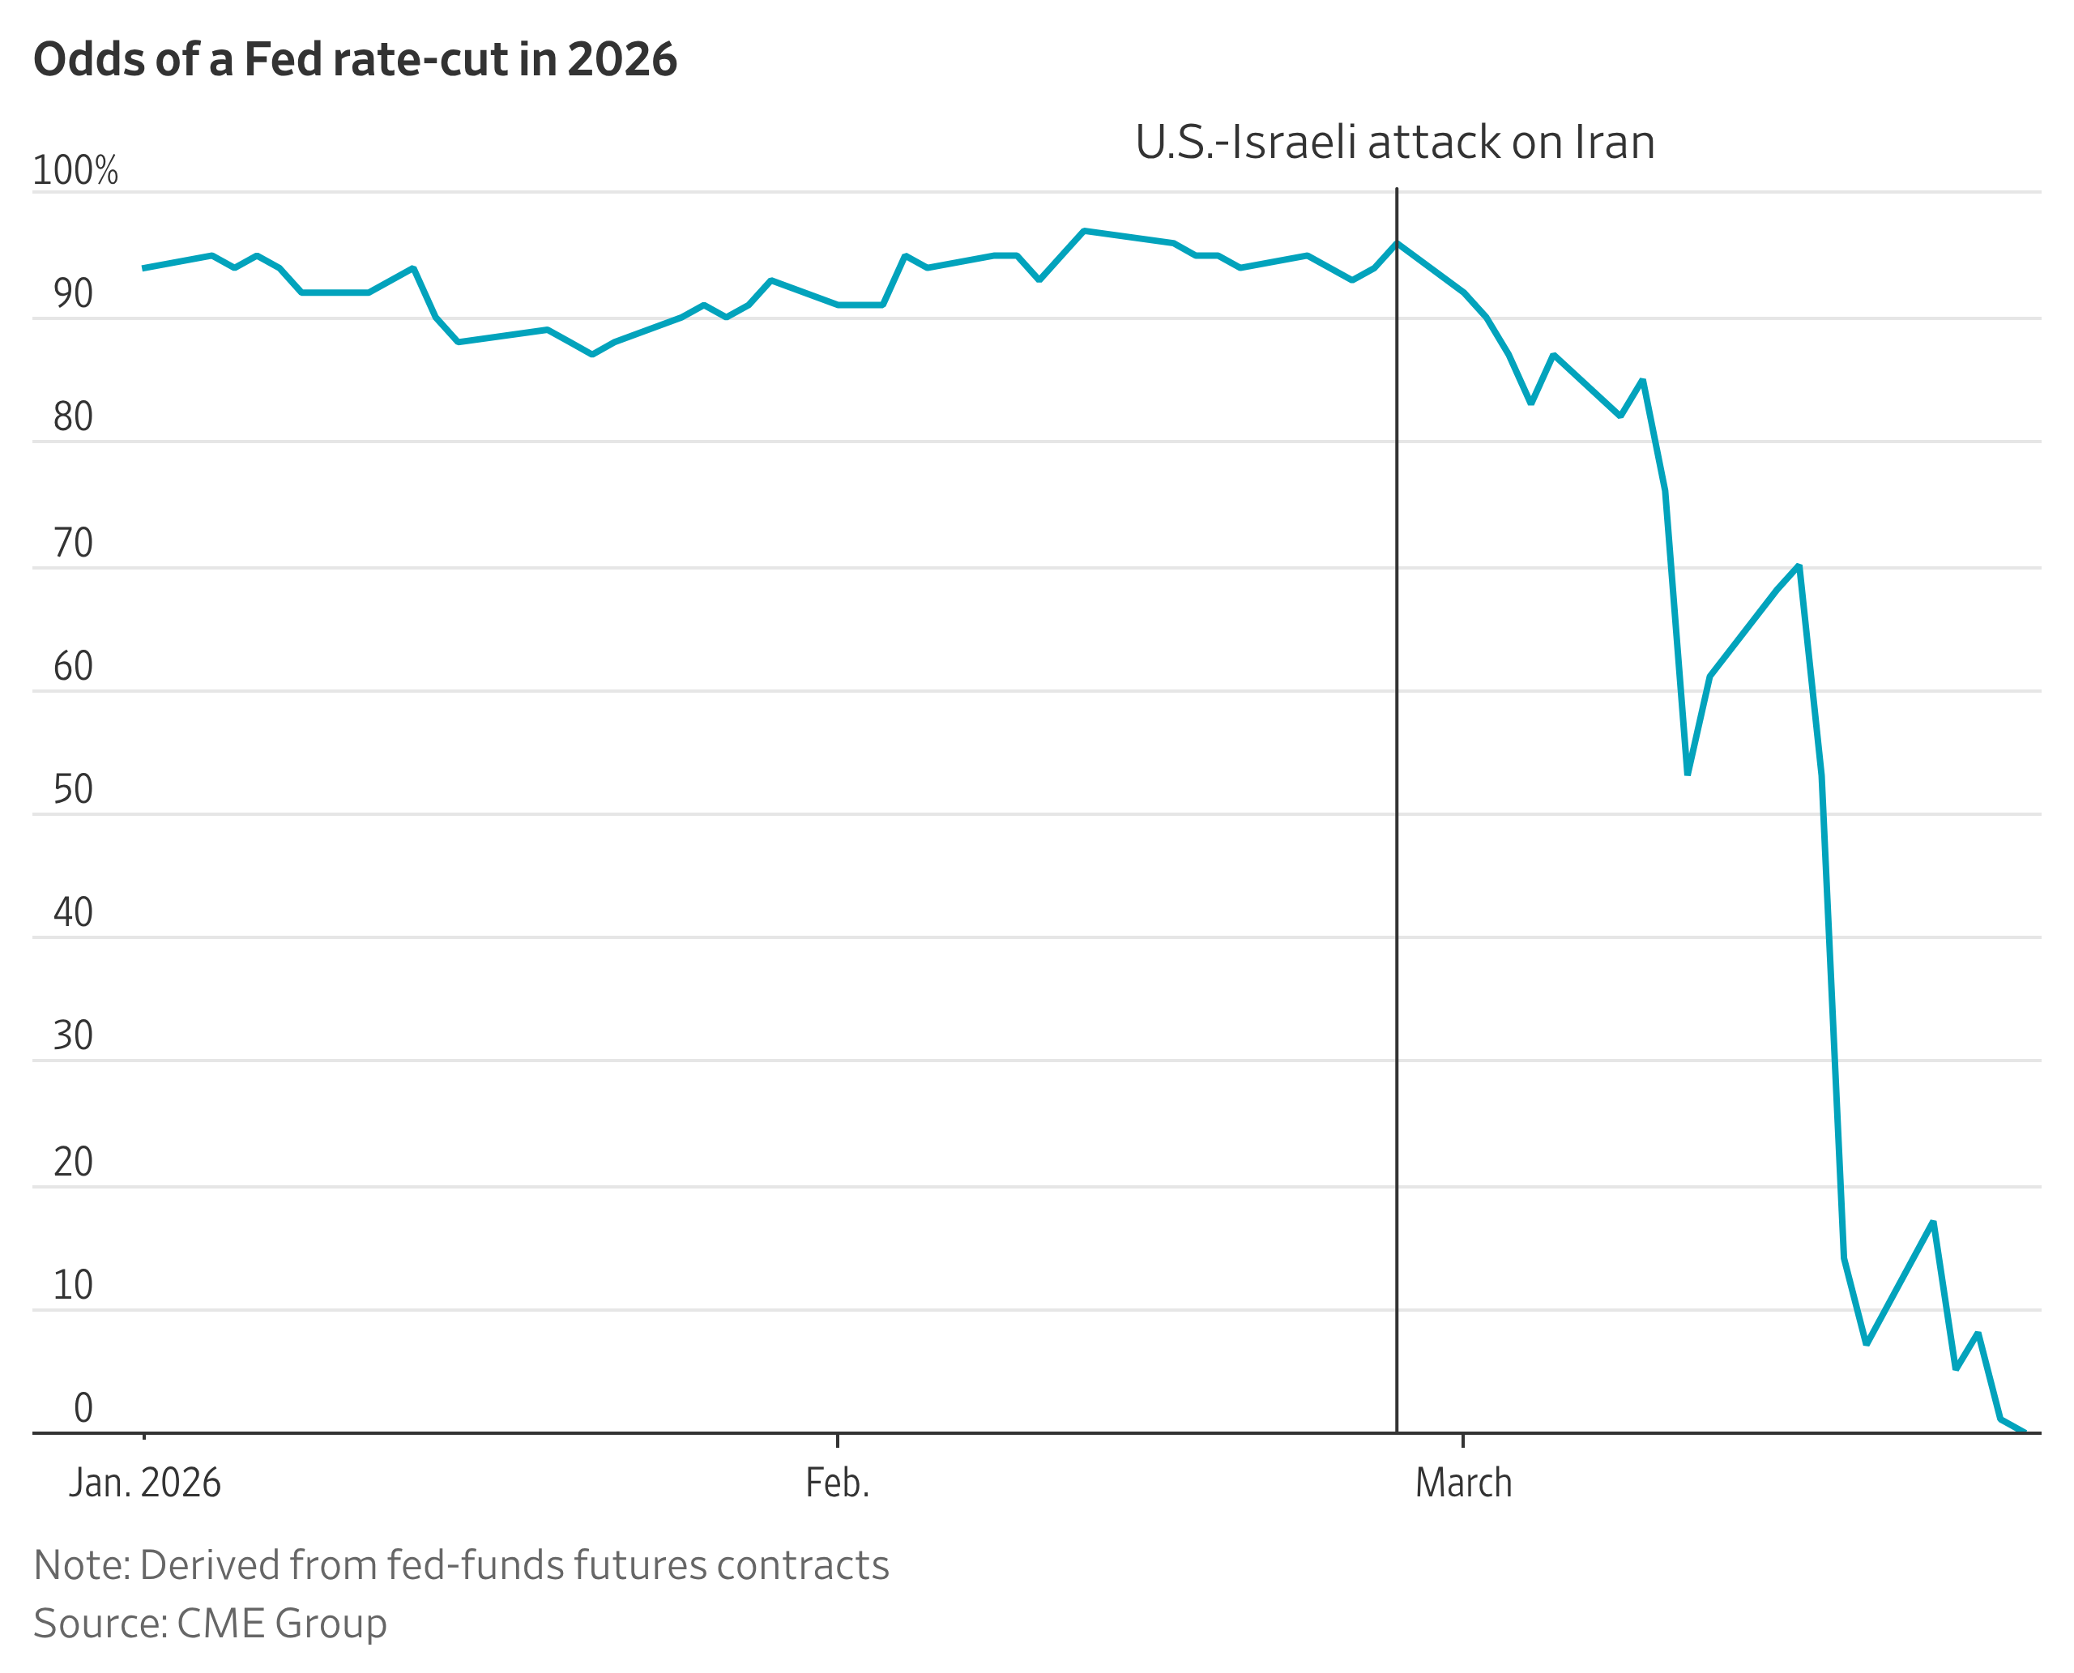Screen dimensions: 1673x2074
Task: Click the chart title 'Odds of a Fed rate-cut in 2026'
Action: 355,60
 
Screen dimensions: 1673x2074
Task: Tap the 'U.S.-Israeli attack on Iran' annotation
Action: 1393,143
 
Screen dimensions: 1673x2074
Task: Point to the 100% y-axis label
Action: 75,171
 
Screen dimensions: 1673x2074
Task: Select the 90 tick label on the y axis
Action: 73,294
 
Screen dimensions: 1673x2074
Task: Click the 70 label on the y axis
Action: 73,544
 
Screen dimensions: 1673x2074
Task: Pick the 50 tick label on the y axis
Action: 73,789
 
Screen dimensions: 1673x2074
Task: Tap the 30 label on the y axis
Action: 73,1036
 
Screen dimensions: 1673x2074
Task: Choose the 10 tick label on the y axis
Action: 73,1286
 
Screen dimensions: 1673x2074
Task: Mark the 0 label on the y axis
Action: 83,1409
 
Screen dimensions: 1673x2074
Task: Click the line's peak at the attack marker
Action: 1397,243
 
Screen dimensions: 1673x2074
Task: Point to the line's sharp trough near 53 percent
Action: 1688,773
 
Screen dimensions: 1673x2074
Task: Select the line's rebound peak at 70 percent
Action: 1799,565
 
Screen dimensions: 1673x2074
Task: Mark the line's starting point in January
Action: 144,268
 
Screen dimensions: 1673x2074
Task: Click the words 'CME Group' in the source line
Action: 281,1624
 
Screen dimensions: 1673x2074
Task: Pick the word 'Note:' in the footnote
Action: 82,1566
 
